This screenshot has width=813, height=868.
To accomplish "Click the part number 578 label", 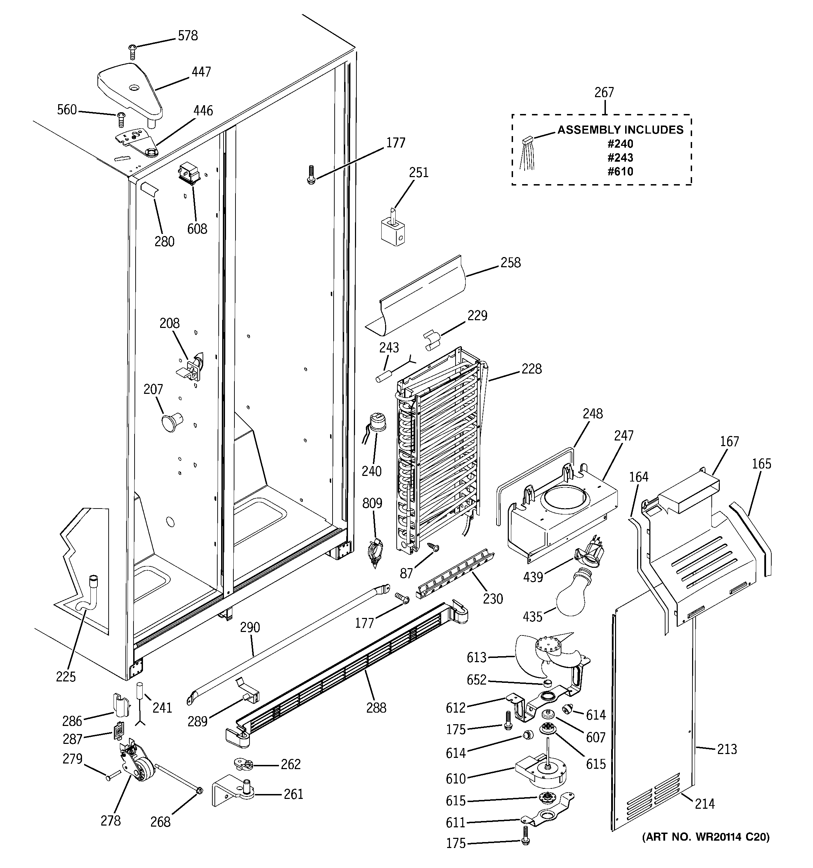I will [x=187, y=36].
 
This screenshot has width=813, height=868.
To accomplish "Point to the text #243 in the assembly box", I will [x=620, y=157].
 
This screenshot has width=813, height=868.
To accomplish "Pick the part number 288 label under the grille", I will [x=376, y=708].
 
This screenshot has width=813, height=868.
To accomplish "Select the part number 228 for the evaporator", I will [x=532, y=369].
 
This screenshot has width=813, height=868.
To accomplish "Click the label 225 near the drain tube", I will [x=66, y=677].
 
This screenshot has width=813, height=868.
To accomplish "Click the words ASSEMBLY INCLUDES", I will [x=620, y=130].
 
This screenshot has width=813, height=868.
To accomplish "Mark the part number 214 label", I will [x=705, y=803].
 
